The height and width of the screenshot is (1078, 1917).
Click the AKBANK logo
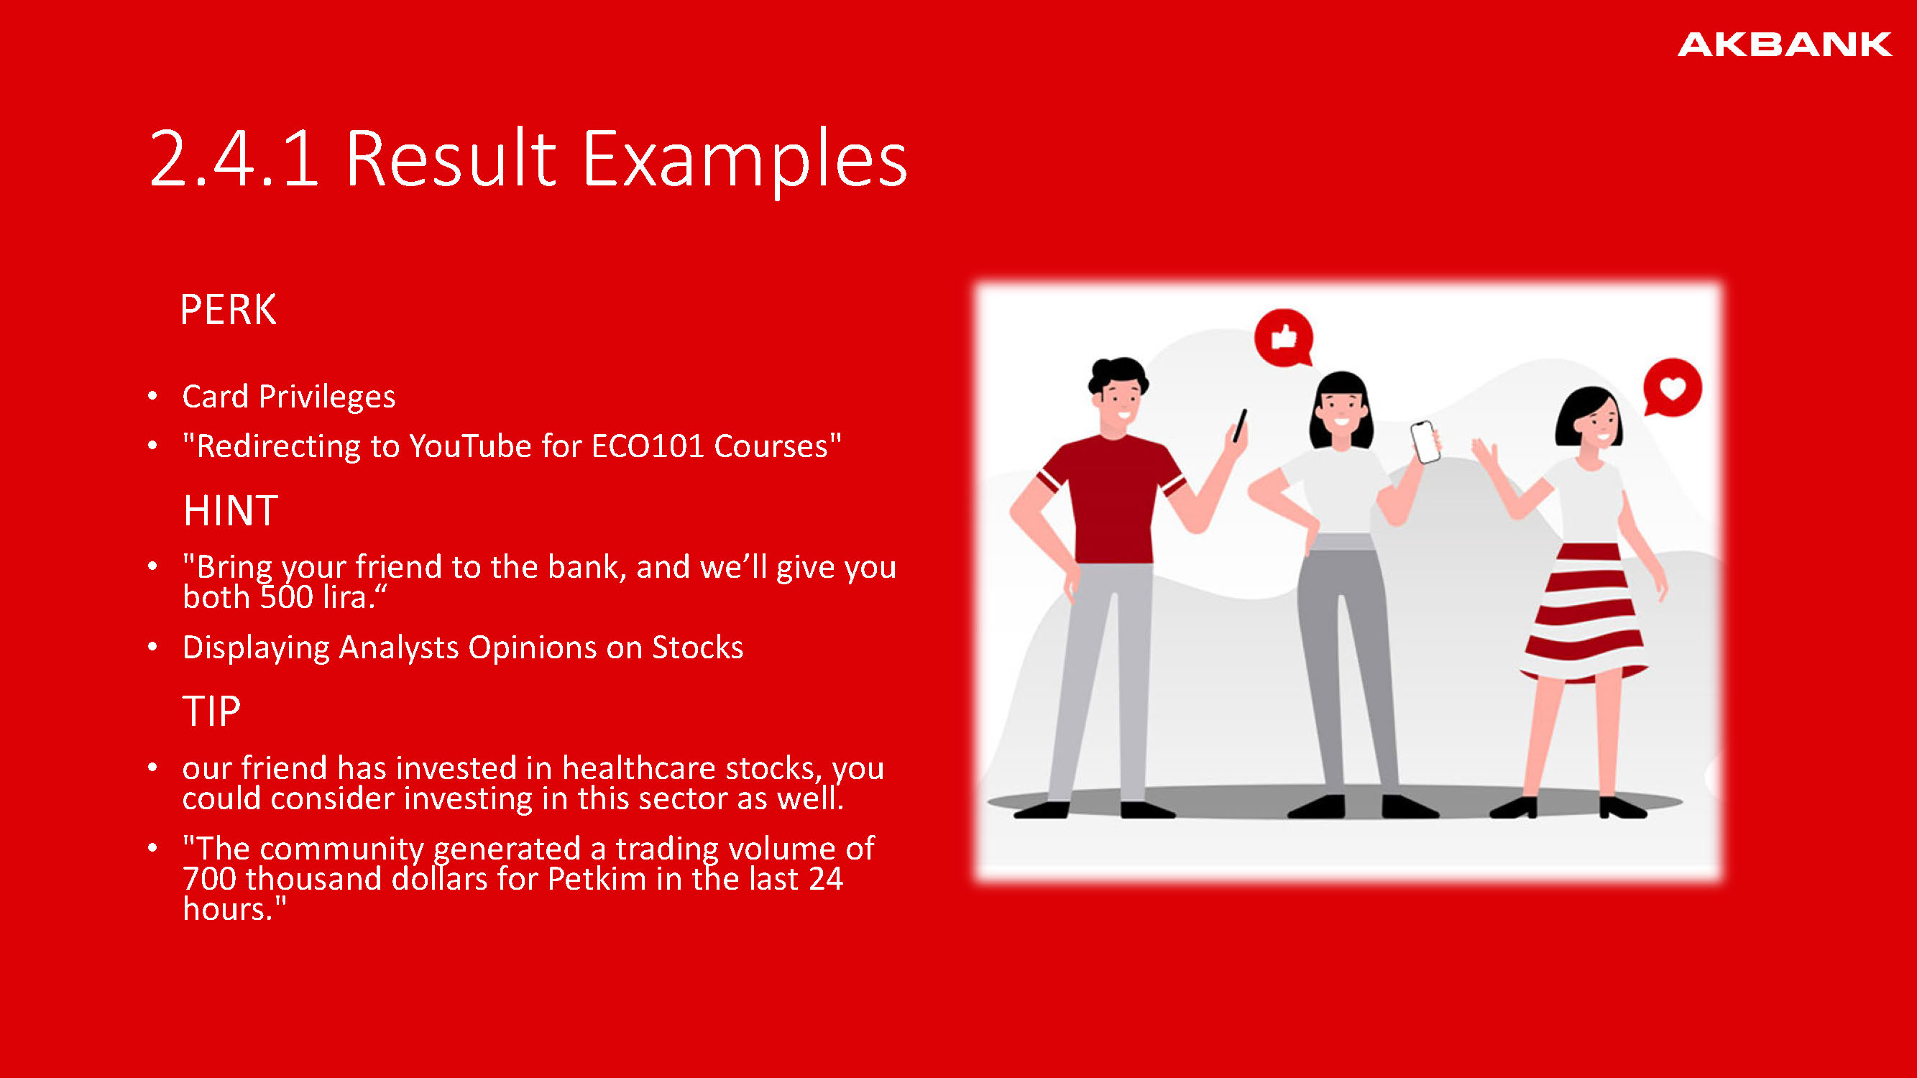coord(1785,45)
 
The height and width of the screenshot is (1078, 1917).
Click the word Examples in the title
coord(744,161)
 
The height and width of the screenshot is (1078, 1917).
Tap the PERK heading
coord(229,310)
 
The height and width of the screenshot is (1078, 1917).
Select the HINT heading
coord(231,510)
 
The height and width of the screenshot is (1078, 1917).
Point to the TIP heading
coord(212,711)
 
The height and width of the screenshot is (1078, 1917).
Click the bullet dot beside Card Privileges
coord(152,396)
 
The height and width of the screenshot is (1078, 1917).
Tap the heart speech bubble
coord(1672,388)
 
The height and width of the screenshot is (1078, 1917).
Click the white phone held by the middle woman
coord(1425,442)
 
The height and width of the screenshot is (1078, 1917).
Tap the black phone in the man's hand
coord(1239,425)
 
